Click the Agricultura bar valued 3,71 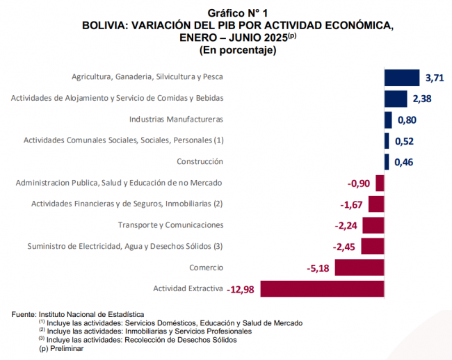pos(402,77)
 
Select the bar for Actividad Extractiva pos(323,288)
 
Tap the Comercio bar pos(357,268)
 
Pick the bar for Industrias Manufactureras pos(388,120)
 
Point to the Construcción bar pos(387,162)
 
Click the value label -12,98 pos(243,289)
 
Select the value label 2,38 pos(422,99)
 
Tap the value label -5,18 pos(318,268)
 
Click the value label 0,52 pos(404,141)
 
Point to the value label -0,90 pos(359,183)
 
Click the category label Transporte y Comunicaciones pos(170,225)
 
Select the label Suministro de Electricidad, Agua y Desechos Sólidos pos(125,246)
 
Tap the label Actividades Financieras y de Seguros pos(127,204)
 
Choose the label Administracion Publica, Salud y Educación pos(119,183)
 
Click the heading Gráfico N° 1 pos(238,13)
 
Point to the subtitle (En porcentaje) pos(238,50)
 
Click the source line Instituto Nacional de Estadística pos(78,315)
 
